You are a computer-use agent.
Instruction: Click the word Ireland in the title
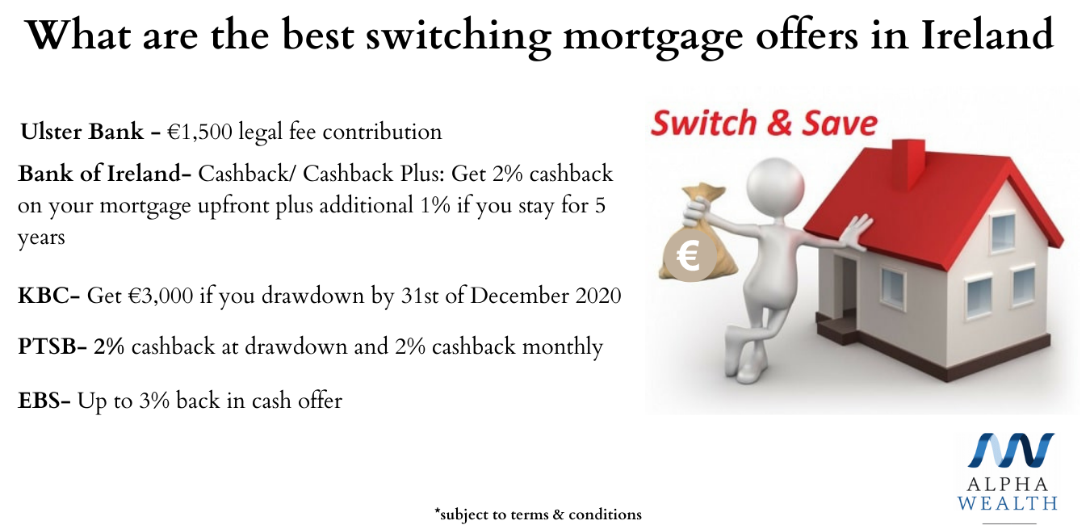[987, 35]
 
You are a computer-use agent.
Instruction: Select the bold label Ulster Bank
[82, 132]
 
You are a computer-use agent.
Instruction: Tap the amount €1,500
[199, 132]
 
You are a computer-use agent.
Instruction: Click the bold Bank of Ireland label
[101, 173]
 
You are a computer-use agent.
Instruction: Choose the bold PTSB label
[48, 346]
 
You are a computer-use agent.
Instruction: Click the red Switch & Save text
[765, 123]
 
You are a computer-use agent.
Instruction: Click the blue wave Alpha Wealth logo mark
[1011, 450]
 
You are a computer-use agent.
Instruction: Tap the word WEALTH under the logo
[1008, 502]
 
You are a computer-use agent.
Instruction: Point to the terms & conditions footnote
[539, 514]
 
